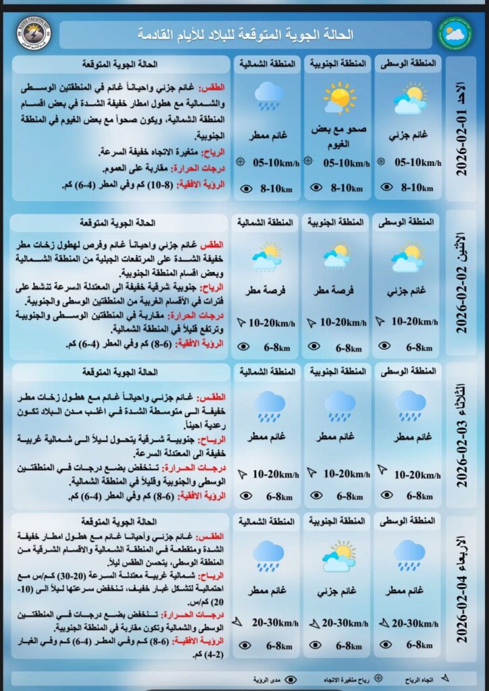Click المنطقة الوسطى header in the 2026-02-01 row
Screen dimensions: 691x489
click(408, 63)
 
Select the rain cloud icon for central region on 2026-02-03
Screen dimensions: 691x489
click(409, 405)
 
